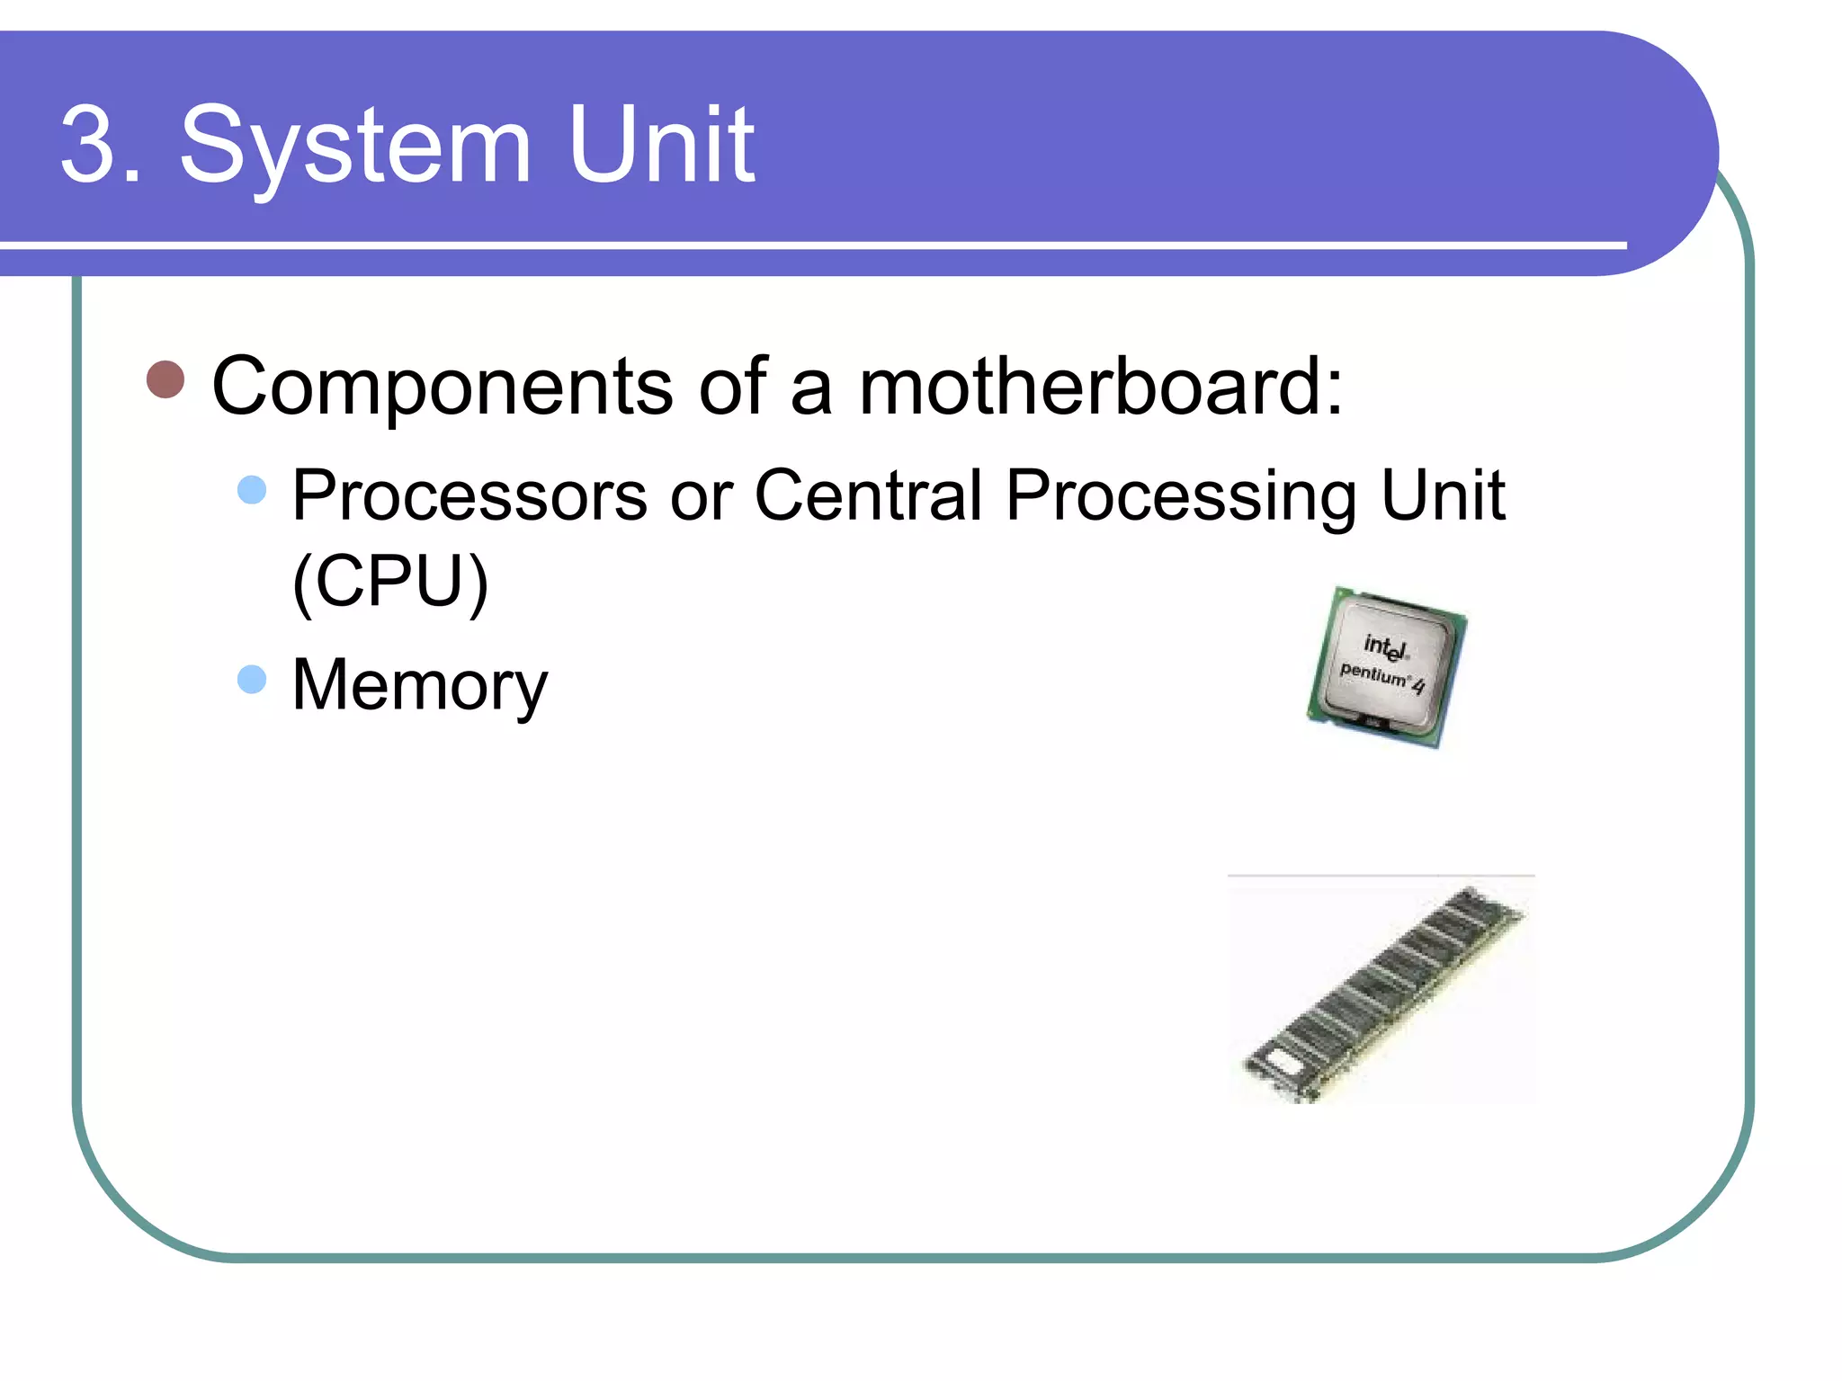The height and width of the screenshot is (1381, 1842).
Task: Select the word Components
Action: point(442,388)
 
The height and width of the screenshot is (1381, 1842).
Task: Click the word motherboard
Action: point(1100,386)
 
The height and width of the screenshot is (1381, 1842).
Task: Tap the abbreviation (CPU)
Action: point(390,582)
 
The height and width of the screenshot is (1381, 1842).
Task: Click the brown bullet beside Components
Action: point(165,379)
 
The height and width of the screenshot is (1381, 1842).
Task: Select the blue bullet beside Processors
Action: point(252,490)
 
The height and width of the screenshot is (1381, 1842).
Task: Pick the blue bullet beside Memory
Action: point(252,680)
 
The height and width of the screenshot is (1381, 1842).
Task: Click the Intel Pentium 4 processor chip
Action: point(1386,667)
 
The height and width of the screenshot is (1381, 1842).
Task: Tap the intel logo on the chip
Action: point(1385,646)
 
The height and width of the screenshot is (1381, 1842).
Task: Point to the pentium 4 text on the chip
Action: point(1381,677)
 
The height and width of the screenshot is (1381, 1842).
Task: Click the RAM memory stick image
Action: point(1382,993)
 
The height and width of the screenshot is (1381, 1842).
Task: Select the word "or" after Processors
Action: point(701,498)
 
